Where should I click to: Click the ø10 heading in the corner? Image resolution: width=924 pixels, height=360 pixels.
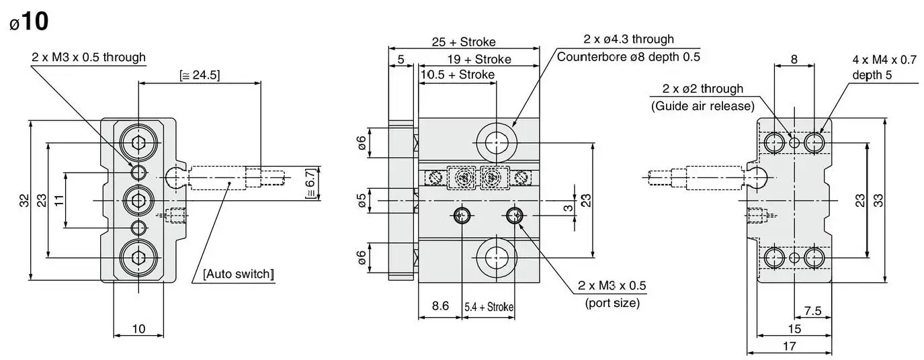click(x=29, y=21)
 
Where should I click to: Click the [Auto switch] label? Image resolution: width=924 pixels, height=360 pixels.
click(x=239, y=274)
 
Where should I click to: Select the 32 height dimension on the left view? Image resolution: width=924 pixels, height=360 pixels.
click(x=24, y=201)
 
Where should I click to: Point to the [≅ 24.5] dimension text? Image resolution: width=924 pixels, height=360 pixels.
click(x=200, y=75)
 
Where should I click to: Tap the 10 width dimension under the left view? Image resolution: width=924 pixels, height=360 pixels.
click(x=138, y=328)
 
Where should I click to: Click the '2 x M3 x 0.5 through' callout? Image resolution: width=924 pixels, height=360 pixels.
click(x=89, y=57)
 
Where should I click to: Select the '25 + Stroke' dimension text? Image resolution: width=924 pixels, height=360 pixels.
click(x=464, y=42)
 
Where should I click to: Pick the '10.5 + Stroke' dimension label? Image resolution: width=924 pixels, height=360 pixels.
click(x=458, y=75)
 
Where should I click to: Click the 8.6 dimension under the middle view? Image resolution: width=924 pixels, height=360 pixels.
click(x=440, y=306)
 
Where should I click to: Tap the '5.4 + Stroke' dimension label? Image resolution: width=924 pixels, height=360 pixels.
click(x=489, y=307)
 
